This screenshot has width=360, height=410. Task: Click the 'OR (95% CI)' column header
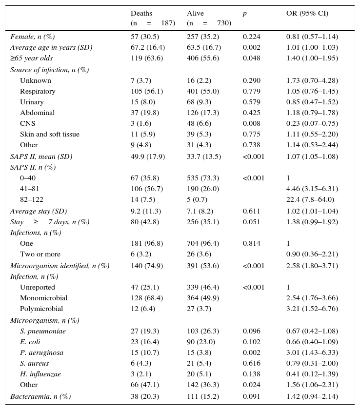[307, 13]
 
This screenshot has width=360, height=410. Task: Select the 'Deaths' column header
[141, 13]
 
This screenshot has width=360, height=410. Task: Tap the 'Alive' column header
[195, 13]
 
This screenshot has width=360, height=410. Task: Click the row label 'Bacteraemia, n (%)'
[40, 396]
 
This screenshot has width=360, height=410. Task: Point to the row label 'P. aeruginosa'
[41, 352]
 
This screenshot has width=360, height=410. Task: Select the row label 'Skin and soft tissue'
[49, 134]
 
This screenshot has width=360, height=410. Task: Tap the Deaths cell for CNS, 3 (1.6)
[141, 123]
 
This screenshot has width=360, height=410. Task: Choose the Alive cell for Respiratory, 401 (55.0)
[202, 91]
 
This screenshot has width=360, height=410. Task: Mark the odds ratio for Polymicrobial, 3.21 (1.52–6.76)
[312, 309]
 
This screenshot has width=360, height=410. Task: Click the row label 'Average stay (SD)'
[39, 211]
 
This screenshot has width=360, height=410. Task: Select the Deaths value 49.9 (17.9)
[147, 156]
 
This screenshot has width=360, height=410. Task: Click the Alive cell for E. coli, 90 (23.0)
[200, 342]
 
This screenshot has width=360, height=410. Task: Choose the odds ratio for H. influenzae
[312, 374]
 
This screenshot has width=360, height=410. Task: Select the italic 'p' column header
[244, 13]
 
